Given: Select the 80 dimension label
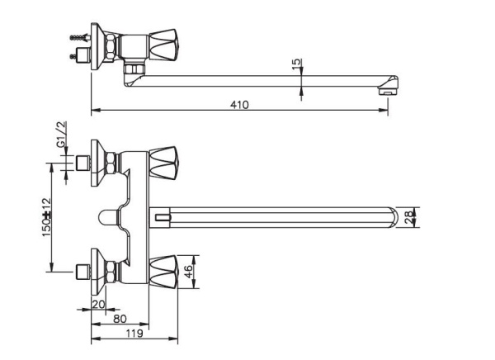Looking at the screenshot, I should coord(120,318).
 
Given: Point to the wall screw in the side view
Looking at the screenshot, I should coord(80,36).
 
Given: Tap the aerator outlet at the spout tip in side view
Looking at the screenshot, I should coord(385,92).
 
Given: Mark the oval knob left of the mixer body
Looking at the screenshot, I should coord(104,218).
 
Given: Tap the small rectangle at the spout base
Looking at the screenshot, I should coord(160,218).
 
